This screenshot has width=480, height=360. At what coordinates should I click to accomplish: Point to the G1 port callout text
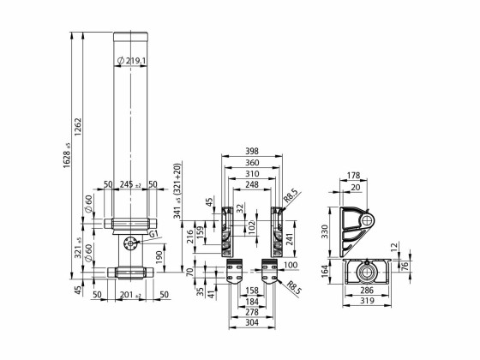(x=153, y=234)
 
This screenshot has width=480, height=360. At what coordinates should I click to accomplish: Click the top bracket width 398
(x=253, y=152)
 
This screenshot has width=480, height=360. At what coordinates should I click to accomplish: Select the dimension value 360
(x=253, y=162)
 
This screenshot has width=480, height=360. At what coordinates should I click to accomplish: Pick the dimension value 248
(x=253, y=184)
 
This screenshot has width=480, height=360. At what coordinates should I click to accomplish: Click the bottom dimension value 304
(x=253, y=324)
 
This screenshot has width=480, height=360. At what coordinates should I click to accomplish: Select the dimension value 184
(x=253, y=302)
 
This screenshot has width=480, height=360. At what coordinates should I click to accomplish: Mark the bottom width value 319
(x=366, y=302)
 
